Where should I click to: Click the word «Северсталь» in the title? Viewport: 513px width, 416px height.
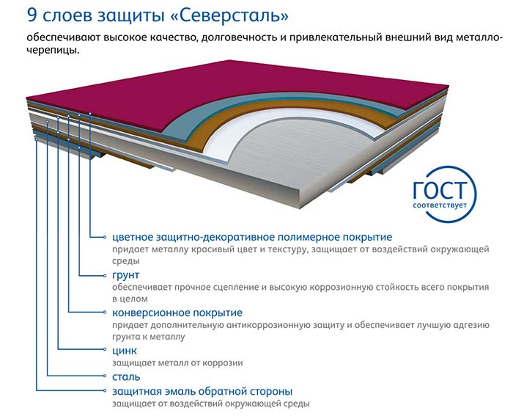(230, 15)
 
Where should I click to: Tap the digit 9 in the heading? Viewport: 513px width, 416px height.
(32, 15)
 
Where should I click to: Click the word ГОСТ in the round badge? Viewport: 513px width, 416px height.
(439, 190)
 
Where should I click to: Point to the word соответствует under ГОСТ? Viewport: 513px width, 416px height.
(440, 205)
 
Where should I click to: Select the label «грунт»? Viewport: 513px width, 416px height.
(125, 275)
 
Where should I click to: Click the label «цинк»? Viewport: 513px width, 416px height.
(125, 351)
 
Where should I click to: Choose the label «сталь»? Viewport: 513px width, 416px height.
(126, 377)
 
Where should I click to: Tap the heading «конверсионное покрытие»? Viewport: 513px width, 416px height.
(177, 313)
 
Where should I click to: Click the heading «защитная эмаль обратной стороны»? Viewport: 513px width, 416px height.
(202, 392)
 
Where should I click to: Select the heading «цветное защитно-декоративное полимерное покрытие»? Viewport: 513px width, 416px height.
(252, 237)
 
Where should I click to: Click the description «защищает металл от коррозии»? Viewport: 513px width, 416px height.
(177, 363)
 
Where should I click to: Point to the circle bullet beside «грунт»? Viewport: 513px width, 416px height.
(105, 275)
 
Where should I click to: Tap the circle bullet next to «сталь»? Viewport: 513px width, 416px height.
(105, 376)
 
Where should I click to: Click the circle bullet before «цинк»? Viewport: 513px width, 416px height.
(105, 349)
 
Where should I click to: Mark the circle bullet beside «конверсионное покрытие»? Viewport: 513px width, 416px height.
(105, 312)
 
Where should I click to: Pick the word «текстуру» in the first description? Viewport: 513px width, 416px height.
(288, 250)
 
